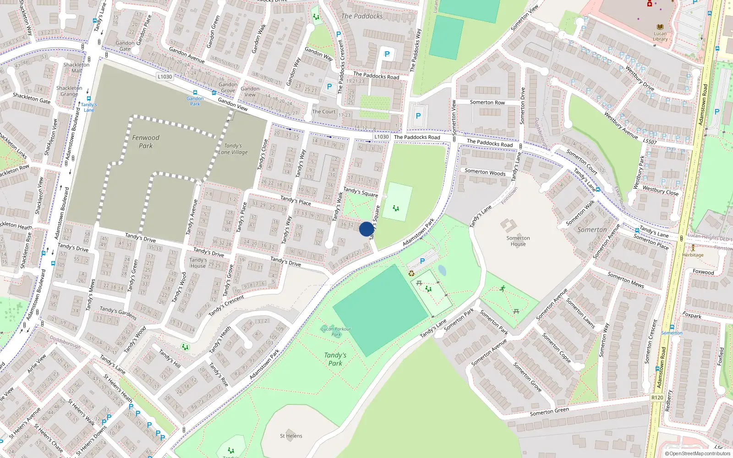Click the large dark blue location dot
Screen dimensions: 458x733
click(x=366, y=229)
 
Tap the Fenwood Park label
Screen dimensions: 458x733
click(x=146, y=142)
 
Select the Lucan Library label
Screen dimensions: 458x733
click(x=660, y=36)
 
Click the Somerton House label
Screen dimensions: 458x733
click(x=518, y=241)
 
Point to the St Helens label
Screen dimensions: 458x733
click(x=291, y=436)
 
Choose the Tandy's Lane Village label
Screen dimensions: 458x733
click(x=233, y=149)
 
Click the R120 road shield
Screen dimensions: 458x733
click(x=657, y=398)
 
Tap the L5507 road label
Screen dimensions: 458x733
click(x=650, y=142)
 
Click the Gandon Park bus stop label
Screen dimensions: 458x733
click(x=195, y=101)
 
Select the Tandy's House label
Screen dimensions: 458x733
click(x=198, y=262)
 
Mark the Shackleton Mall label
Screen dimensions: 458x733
click(x=77, y=68)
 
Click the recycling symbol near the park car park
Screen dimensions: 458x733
click(x=411, y=273)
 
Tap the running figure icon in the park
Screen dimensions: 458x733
click(x=503, y=289)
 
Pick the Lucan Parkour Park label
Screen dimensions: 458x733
click(x=336, y=331)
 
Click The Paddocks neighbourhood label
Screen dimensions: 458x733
click(x=362, y=16)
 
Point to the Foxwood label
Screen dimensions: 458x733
click(x=703, y=272)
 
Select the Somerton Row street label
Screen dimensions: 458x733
click(x=487, y=103)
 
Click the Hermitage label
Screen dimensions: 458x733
click(x=693, y=255)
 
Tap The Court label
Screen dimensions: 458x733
click(x=324, y=112)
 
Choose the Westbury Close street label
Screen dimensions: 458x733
click(x=660, y=190)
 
